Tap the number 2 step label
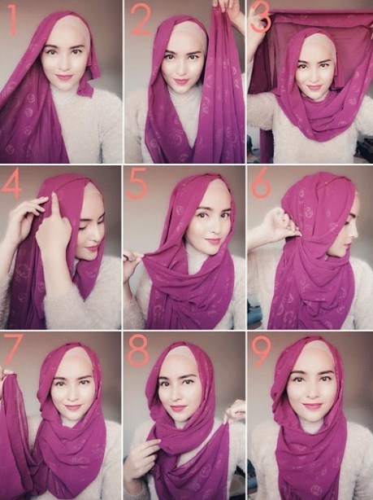pos(141,20)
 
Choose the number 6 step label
pos(262,185)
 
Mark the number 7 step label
pos(14,349)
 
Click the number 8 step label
pos(139,351)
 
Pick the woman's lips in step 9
pos(312,405)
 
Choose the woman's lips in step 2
pos(181,81)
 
